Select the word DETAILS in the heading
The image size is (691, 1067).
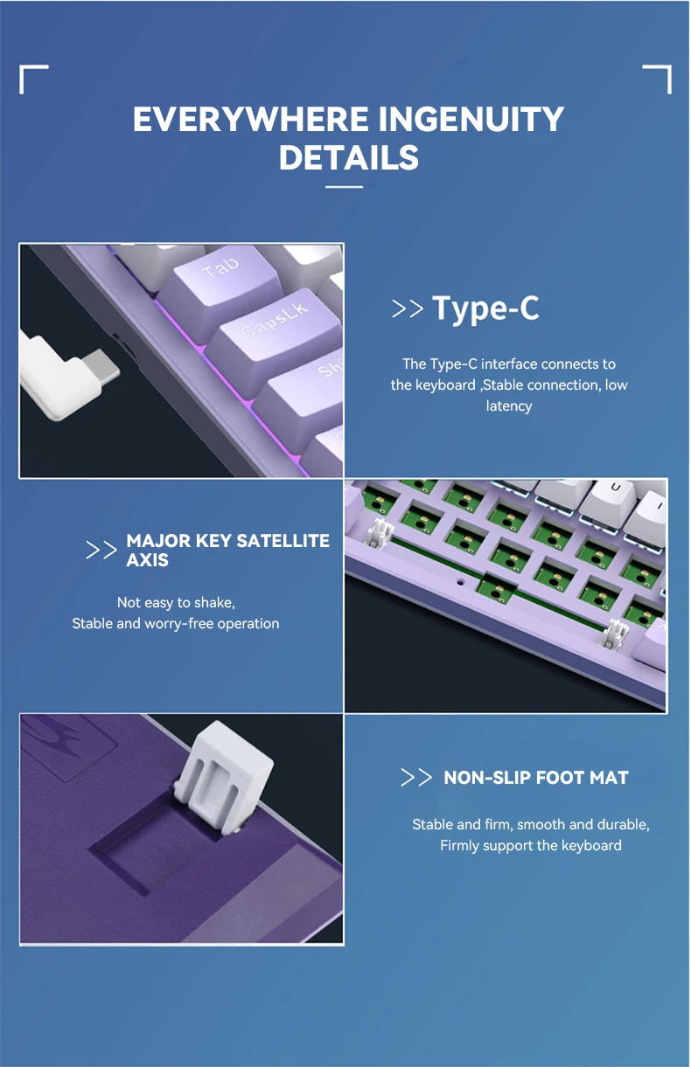click(348, 158)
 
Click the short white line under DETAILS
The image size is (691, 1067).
click(344, 186)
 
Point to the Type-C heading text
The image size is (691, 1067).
click(485, 308)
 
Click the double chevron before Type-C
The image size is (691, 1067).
click(408, 309)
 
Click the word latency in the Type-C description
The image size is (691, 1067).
click(508, 405)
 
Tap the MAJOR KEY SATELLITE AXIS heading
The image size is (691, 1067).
click(227, 550)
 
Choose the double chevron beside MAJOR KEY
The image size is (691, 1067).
click(101, 551)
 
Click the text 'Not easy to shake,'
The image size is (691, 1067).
click(176, 602)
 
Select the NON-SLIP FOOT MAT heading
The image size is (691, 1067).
click(535, 778)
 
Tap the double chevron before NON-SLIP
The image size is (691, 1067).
click(416, 778)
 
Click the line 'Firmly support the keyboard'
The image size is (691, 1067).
click(530, 845)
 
